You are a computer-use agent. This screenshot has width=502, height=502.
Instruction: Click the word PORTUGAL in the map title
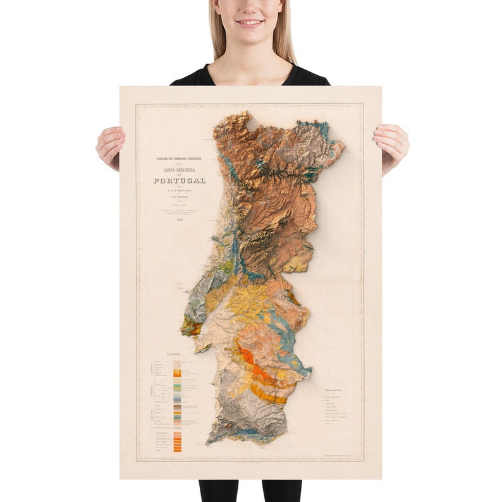coord(179,180)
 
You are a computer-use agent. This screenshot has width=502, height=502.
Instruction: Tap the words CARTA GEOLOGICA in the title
coord(179,169)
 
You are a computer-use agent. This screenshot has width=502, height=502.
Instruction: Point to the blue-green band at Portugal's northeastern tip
coord(322,130)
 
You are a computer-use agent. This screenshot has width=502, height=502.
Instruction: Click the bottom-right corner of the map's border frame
coord(363,460)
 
